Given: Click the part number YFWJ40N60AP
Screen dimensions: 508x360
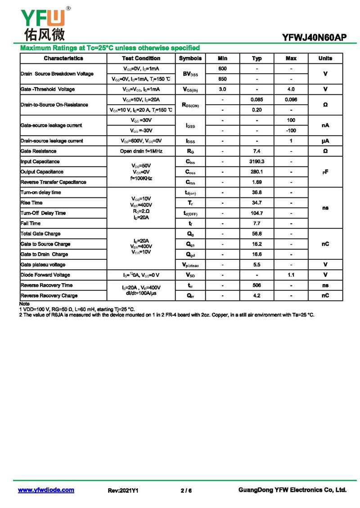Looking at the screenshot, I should pyautogui.click(x=315, y=38).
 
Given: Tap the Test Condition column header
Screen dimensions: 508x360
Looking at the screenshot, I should pyautogui.click(x=141, y=58).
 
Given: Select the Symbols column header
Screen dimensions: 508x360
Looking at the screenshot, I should pyautogui.click(x=190, y=58).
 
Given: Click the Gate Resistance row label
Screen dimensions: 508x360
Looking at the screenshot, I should pyautogui.click(x=39, y=151).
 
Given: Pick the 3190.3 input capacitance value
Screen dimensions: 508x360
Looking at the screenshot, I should pyautogui.click(x=256, y=161).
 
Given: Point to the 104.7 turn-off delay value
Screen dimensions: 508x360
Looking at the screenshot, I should pyautogui.click(x=256, y=213).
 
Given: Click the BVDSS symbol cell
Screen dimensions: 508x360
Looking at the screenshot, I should pyautogui.click(x=190, y=74).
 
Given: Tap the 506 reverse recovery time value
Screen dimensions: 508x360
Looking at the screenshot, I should pyautogui.click(x=256, y=285).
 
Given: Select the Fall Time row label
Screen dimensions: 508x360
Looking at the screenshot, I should pyautogui.click(x=31, y=223).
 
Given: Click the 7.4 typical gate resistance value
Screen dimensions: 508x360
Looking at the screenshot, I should pyautogui.click(x=256, y=151).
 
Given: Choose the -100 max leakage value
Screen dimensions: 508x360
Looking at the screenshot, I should pyautogui.click(x=291, y=130).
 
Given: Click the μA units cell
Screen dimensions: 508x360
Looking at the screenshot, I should pyautogui.click(x=325, y=141).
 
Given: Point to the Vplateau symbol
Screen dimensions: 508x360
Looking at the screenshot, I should pyautogui.click(x=190, y=265).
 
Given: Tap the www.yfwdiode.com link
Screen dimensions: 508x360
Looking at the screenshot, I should pyautogui.click(x=46, y=490).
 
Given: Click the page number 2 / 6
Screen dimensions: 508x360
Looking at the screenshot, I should pyautogui.click(x=186, y=490).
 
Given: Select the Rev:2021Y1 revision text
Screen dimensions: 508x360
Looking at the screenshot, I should pyautogui.click(x=123, y=490).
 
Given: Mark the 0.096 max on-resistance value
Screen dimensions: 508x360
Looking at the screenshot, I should pyautogui.click(x=291, y=99).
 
